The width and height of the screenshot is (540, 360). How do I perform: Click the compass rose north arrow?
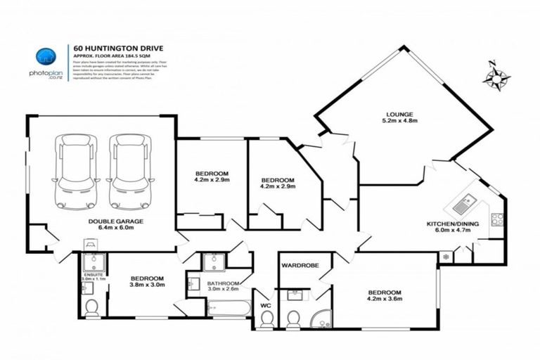coord(496,76)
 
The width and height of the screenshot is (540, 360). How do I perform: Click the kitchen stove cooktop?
coord(497,219)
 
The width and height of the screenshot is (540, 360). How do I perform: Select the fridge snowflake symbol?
coord(444,257)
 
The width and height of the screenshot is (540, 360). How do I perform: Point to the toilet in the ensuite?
coord(92,307)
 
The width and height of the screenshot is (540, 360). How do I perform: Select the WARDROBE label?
coord(300,266)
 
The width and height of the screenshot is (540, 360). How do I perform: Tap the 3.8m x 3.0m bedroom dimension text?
coord(147,285)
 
